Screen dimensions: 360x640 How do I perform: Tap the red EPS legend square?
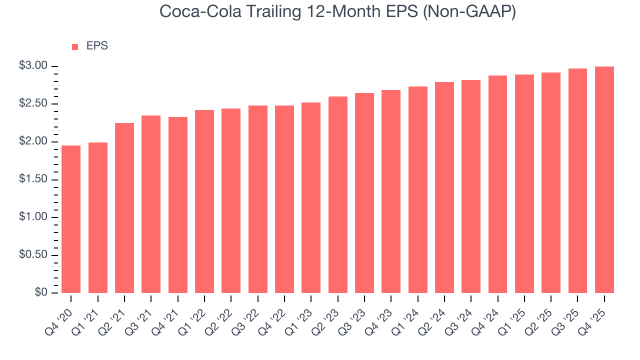pos(75,46)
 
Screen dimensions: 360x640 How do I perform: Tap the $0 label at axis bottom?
pos(41,292)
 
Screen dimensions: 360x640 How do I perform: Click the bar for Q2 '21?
pos(124,207)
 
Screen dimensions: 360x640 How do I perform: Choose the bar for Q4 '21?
pos(178,205)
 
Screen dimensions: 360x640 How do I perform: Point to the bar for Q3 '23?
pos(364,192)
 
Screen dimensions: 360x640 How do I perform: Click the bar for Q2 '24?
pos(444,187)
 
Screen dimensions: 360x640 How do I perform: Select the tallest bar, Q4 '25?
pos(604,179)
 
